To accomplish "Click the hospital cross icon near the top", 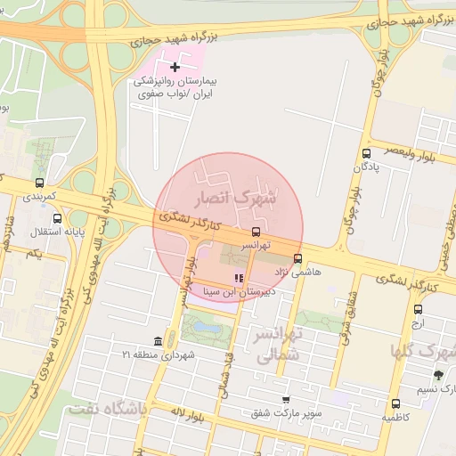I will click(175, 67).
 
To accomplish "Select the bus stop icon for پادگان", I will click(368, 153).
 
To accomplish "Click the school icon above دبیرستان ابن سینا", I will click(237, 279).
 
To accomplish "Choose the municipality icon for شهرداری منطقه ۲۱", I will click(158, 343).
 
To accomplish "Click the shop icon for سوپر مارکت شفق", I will click(285, 400).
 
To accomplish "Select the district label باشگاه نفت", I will click(104, 409).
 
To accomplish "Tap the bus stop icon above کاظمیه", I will click(396, 403).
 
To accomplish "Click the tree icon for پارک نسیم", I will click(437, 375).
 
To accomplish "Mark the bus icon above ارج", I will click(419, 309).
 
